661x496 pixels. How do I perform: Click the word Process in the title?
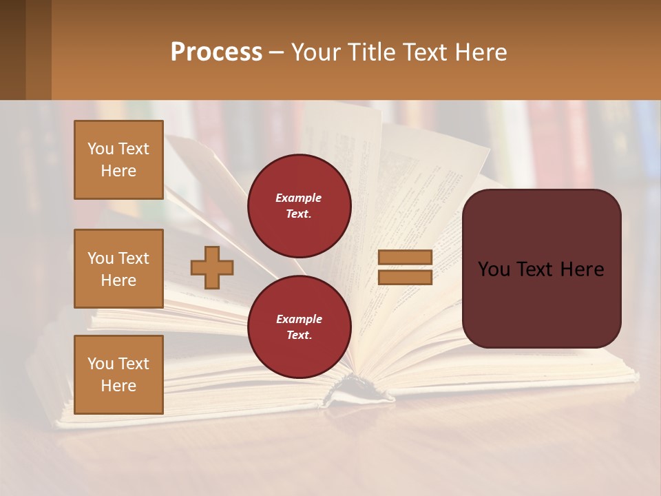tap(216, 52)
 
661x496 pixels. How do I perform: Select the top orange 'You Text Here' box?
tap(118, 160)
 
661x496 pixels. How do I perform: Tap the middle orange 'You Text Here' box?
tap(118, 269)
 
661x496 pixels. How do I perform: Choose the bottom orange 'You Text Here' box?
tap(118, 375)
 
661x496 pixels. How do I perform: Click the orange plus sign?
tap(211, 267)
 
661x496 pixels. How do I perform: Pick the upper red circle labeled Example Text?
tap(299, 206)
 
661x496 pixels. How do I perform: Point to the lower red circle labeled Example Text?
tap(299, 327)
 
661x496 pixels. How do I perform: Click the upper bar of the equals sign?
tap(405, 257)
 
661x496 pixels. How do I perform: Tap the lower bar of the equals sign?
tap(405, 277)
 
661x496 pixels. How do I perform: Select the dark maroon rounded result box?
tap(541, 269)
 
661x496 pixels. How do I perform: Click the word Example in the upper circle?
tap(299, 198)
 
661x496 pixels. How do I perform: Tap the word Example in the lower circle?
tap(299, 320)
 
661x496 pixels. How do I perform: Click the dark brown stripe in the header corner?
tap(13, 50)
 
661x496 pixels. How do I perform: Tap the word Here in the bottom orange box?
tap(118, 386)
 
